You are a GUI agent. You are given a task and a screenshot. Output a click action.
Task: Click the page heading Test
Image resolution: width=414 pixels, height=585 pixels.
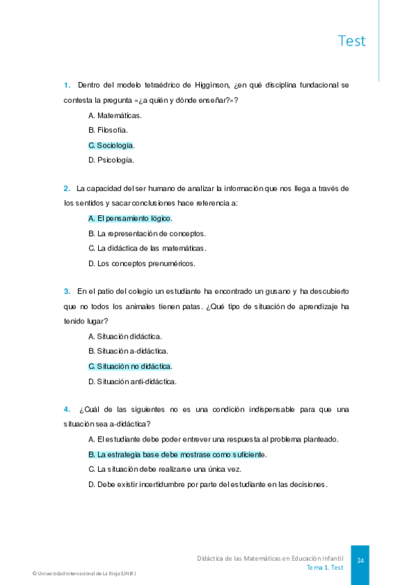coord(352,41)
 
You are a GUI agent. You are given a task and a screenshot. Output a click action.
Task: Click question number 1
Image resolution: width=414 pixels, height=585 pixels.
coord(67,86)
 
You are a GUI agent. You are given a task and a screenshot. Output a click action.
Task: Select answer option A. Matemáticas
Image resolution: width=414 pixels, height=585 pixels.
coord(115,115)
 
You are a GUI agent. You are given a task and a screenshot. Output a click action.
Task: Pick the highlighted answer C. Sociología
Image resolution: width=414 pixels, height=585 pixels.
coord(112,145)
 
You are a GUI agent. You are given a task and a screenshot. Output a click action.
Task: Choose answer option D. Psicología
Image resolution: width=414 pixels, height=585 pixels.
coord(111,160)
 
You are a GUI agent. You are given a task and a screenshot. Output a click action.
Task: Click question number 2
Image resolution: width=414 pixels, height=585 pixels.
coord(67,189)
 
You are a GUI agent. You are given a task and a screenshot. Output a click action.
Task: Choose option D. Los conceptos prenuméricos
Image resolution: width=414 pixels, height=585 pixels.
coord(142,263)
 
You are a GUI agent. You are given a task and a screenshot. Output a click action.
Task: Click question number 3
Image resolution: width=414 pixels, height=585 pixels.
coord(67,292)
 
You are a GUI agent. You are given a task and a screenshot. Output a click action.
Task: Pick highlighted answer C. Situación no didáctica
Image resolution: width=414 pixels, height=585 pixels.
coord(130,366)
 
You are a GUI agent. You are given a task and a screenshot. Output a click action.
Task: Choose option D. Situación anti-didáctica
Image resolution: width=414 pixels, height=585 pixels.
coord(133,381)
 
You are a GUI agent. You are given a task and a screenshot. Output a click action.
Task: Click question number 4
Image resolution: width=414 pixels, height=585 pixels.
coord(67,410)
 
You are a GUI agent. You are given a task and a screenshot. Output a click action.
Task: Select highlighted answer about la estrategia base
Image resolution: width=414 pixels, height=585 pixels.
coord(178,455)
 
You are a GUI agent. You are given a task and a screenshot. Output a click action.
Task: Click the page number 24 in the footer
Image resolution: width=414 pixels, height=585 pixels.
coord(360,562)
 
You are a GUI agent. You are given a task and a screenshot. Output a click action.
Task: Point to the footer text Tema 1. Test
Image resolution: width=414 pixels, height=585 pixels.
coord(325,567)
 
